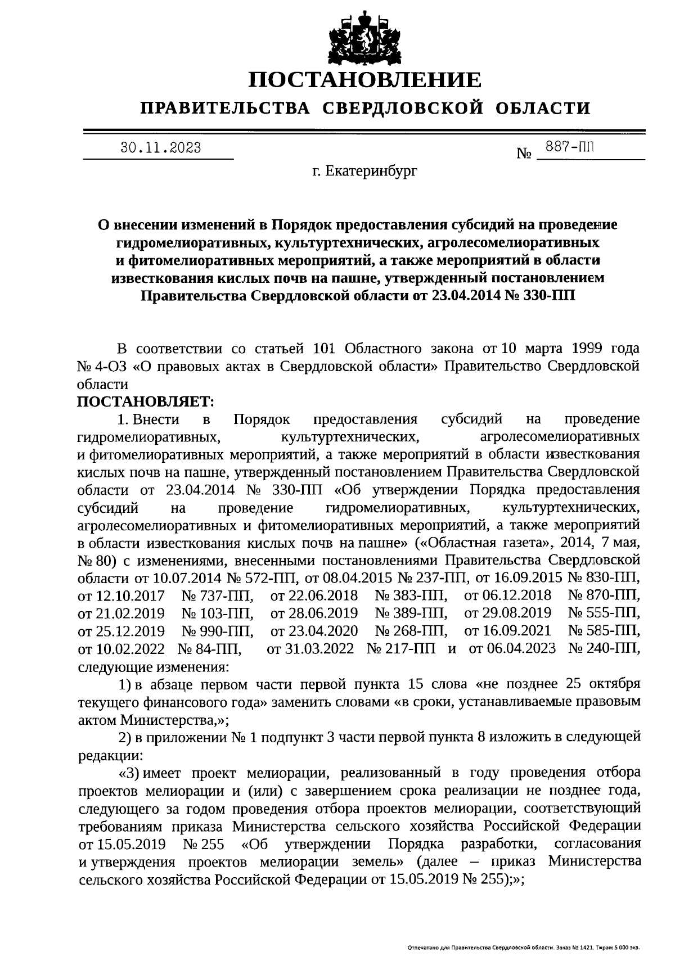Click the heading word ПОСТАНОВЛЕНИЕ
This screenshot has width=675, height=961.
[x=366, y=80]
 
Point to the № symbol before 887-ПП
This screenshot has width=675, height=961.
[x=524, y=153]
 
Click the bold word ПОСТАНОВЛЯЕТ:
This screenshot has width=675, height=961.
[x=145, y=401]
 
